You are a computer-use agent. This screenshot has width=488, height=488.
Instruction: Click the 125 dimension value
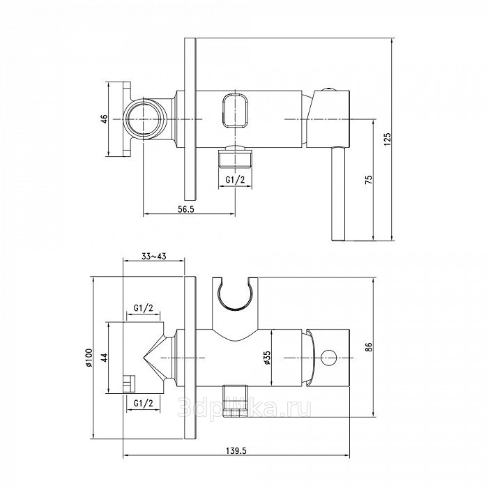pos(388,139)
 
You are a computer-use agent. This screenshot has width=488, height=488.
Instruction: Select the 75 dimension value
pos(369,180)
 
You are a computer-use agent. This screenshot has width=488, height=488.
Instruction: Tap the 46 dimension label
pos(105,119)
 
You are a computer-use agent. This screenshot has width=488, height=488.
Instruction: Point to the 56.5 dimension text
pos(186,209)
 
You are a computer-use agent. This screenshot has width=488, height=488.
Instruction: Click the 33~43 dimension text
pos(154,257)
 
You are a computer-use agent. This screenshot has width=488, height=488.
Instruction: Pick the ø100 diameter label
pos(89,358)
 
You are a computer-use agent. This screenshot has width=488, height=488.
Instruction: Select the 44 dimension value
pos(105,357)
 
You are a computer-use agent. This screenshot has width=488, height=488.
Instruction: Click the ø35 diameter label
pos(267,358)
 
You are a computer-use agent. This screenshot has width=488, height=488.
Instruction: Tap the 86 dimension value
pos(369,346)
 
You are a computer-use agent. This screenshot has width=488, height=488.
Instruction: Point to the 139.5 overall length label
pos(236,451)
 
